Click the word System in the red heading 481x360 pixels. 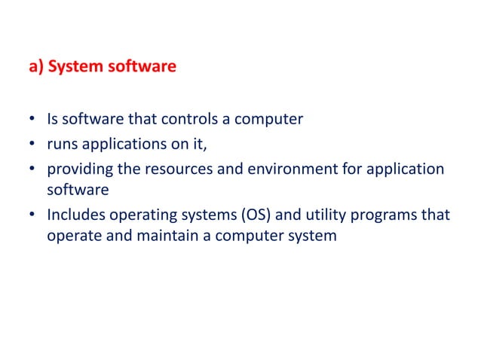click(76, 67)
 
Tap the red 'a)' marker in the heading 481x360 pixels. click(36, 67)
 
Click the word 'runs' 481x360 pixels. click(61, 143)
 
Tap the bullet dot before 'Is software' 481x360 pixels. click(33, 120)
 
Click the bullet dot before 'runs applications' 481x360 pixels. click(33, 144)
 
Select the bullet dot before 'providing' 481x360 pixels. click(33, 169)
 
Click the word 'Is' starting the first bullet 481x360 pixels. click(53, 119)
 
